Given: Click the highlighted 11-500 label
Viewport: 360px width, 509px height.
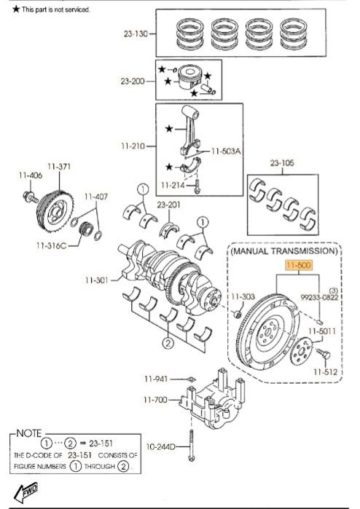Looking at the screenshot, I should (300, 266).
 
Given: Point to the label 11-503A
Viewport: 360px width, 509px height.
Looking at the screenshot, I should (226, 151).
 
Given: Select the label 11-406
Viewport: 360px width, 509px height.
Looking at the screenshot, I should (31, 175).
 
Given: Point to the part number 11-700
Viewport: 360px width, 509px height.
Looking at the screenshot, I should (154, 400).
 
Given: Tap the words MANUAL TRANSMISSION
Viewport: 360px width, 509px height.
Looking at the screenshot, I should (284, 250).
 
